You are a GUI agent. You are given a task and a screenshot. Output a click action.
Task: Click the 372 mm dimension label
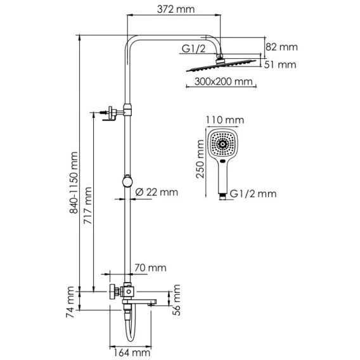[x=176, y=10]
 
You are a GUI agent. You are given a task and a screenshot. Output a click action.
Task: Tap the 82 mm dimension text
[x=281, y=47]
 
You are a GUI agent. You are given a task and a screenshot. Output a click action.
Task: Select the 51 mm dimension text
[x=280, y=65]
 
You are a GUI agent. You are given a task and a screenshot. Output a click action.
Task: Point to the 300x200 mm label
[x=223, y=82]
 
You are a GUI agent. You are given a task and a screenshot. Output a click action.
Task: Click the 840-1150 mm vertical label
[x=74, y=183]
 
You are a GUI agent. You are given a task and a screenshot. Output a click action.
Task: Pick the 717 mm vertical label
[x=87, y=205]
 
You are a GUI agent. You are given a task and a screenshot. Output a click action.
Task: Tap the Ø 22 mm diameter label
[x=157, y=192]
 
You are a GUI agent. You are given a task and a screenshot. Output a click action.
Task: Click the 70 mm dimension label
[x=150, y=268]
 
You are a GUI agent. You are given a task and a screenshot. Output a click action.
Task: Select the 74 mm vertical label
[x=70, y=302]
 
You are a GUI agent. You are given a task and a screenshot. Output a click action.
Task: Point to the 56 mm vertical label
[x=177, y=300]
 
